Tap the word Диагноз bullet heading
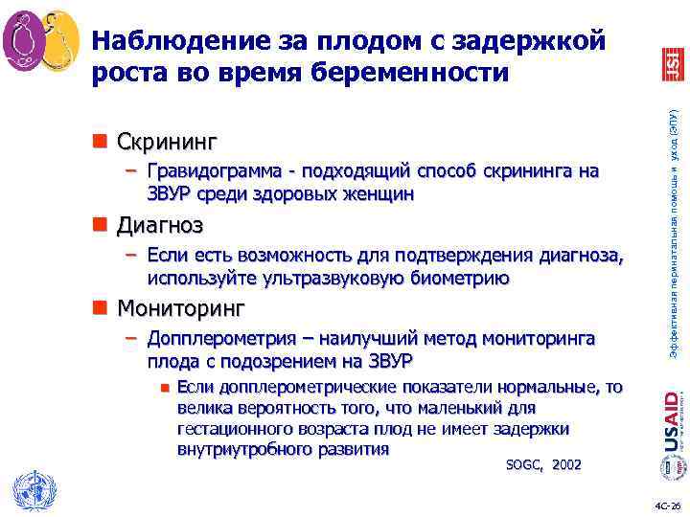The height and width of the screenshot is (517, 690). (x=159, y=226)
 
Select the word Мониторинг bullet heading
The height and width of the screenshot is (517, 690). (x=180, y=309)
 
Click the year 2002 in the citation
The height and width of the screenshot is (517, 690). (x=566, y=464)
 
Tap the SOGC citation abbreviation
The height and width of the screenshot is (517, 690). (x=522, y=464)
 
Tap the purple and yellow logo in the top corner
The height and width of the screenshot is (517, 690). (x=41, y=40)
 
